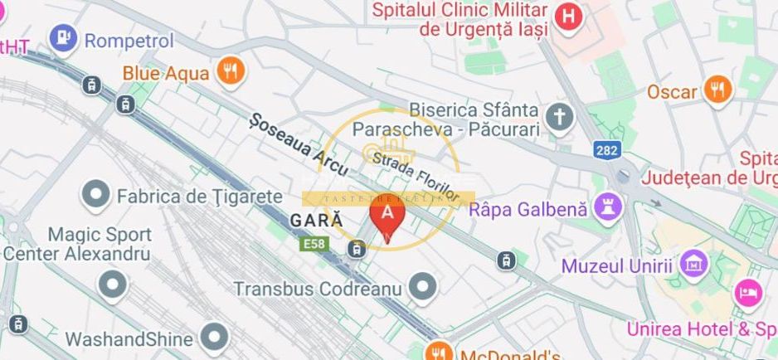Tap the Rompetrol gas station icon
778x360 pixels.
62,38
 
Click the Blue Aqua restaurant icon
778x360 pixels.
231,71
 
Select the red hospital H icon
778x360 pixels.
567,17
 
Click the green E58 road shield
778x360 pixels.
314,245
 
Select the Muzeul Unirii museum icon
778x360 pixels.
691,266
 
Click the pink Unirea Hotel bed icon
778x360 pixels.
749,292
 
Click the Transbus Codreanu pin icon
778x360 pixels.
424,288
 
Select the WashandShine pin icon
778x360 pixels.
215,338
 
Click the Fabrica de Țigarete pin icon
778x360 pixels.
96,196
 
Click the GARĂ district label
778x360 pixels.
317,221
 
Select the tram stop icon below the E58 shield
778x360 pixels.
357,248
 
